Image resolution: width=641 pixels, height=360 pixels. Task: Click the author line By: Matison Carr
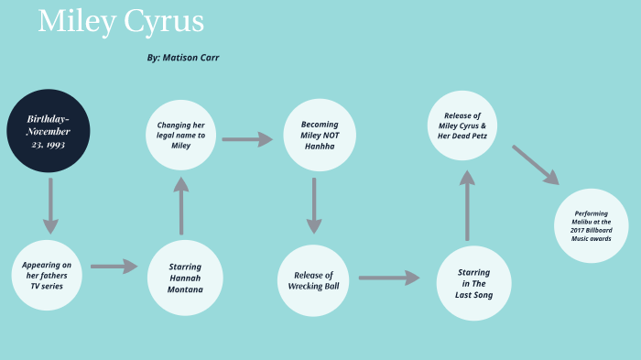[x=182, y=58]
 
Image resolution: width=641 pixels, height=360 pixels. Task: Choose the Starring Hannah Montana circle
[x=185, y=277]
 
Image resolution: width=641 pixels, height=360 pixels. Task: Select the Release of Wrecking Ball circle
[x=314, y=280]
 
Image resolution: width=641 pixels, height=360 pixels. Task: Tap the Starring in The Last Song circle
[x=473, y=282]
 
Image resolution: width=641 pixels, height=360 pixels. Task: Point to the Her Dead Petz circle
[x=462, y=125]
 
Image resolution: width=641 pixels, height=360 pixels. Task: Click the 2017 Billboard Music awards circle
[x=592, y=225]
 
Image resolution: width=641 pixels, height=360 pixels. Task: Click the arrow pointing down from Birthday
[x=50, y=205]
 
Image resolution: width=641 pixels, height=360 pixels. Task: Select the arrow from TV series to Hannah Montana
[x=114, y=267]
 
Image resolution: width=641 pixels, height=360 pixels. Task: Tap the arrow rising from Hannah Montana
[x=181, y=205]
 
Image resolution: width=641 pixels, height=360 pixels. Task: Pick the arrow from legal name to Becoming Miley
[x=247, y=139]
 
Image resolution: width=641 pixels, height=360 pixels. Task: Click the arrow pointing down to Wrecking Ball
[x=314, y=205]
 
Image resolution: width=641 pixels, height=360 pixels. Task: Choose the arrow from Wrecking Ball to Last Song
[x=388, y=277]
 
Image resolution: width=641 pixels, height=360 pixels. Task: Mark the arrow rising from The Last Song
[x=468, y=205]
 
